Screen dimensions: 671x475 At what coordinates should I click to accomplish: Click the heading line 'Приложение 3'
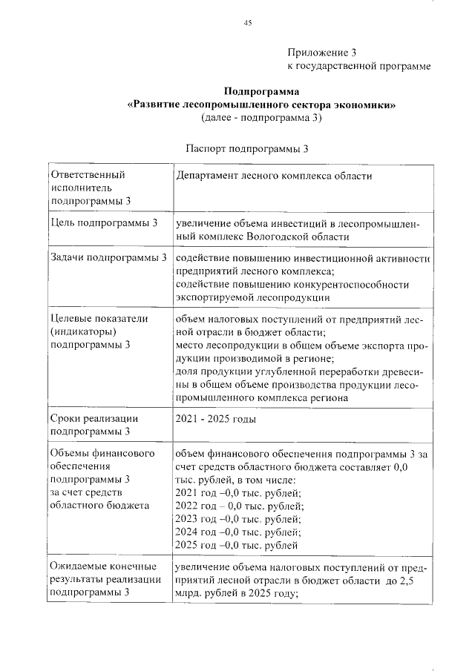321,53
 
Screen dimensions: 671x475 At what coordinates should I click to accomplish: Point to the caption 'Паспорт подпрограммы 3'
247,148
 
